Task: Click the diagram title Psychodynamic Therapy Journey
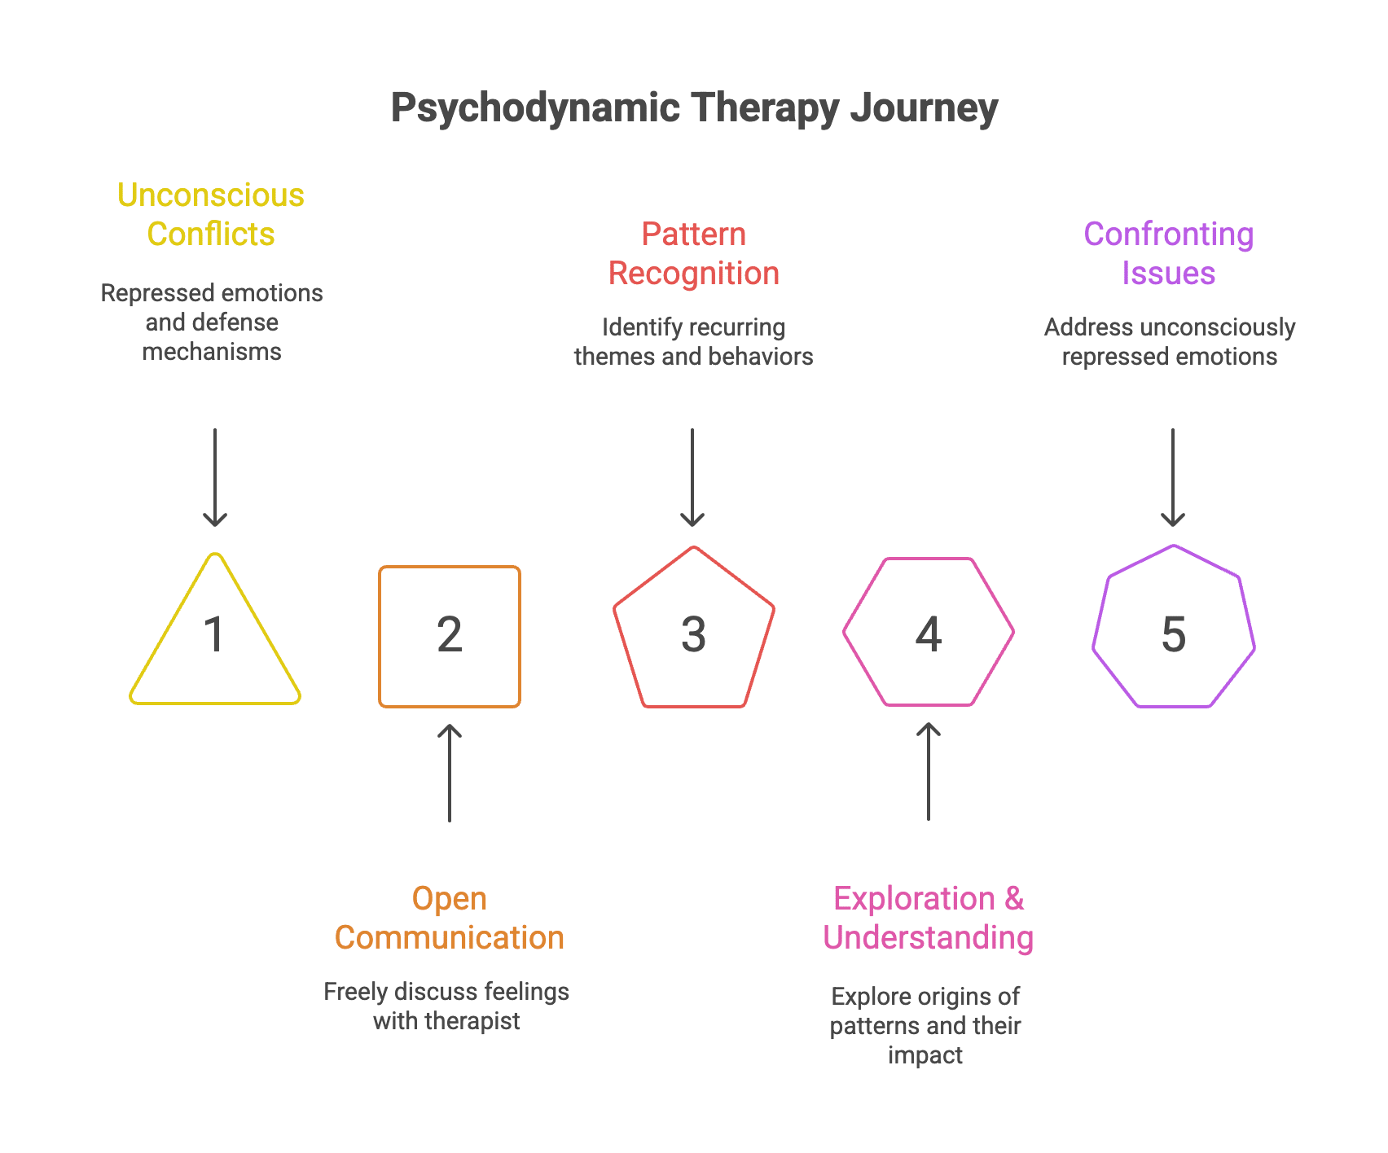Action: [694, 108]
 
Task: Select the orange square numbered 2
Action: [450, 636]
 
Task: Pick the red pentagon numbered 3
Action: [693, 631]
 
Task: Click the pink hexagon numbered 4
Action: [929, 632]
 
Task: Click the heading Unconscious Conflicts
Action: [211, 214]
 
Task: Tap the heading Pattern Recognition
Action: [694, 253]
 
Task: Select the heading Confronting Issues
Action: [1169, 253]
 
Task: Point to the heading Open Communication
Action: [450, 918]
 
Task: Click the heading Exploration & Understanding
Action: [928, 918]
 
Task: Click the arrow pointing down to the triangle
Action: [215, 478]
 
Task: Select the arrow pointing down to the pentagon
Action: [692, 478]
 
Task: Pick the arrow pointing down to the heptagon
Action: [1173, 478]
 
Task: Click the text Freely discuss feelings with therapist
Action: [446, 1006]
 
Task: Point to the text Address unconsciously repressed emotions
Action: [1170, 341]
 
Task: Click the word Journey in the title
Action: [925, 108]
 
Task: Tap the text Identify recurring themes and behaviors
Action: [693, 341]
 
